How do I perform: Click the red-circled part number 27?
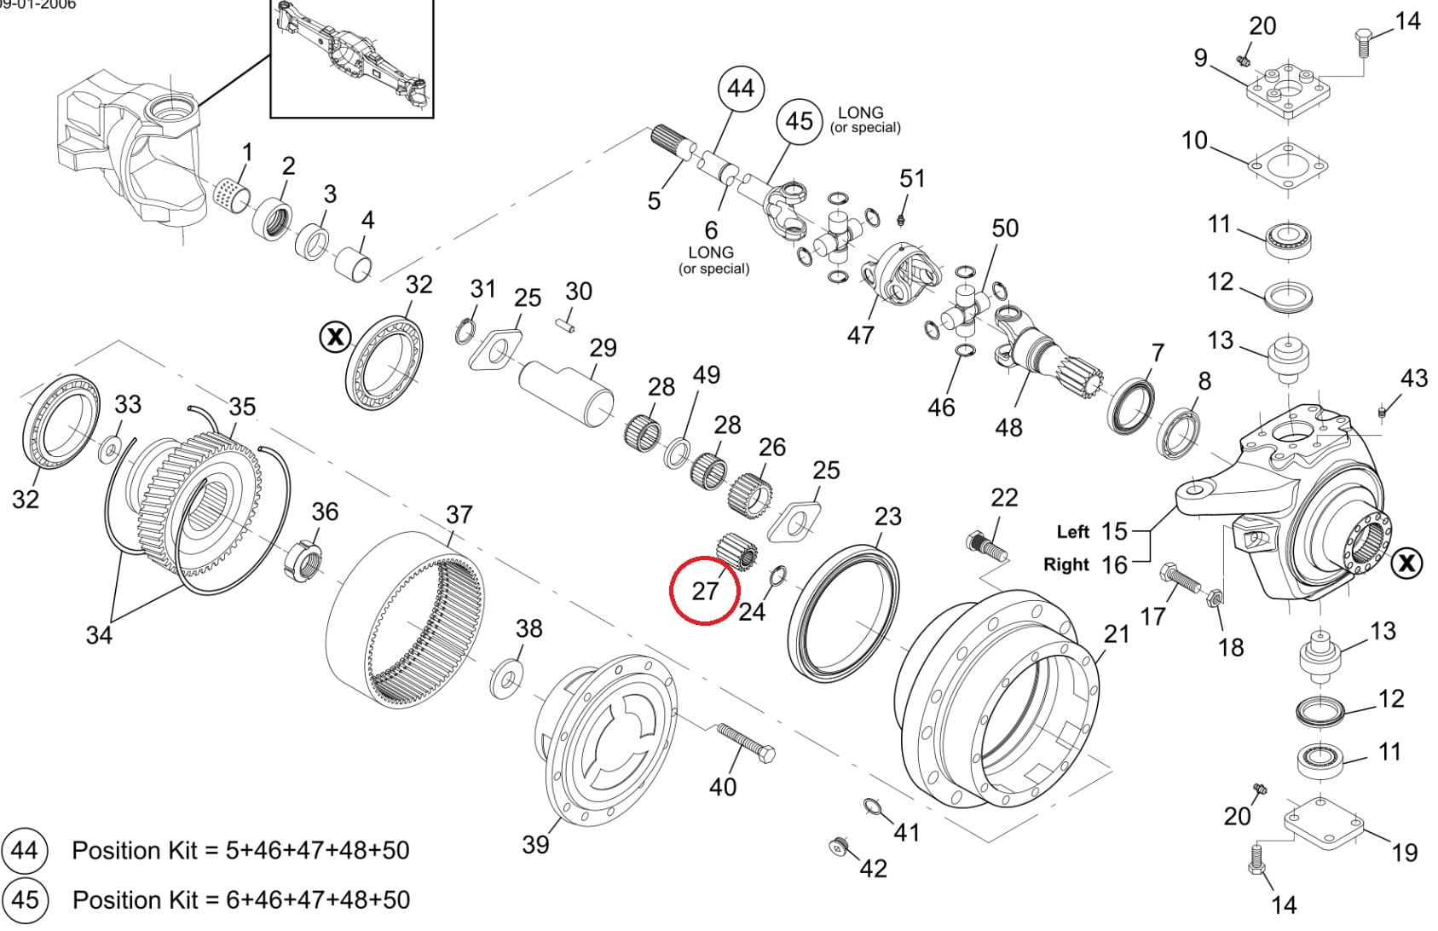point(705,590)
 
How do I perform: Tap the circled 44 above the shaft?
point(741,88)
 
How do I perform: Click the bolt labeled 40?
point(745,744)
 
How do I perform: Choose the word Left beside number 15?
point(1072,532)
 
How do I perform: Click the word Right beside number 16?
point(1066,564)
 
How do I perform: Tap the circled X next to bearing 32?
point(335,337)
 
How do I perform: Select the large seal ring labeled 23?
point(843,611)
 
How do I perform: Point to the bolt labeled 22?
point(988,546)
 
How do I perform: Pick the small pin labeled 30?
point(568,325)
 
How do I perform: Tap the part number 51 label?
point(912,178)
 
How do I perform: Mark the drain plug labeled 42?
point(840,846)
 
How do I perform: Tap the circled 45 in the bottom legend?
point(25,900)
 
